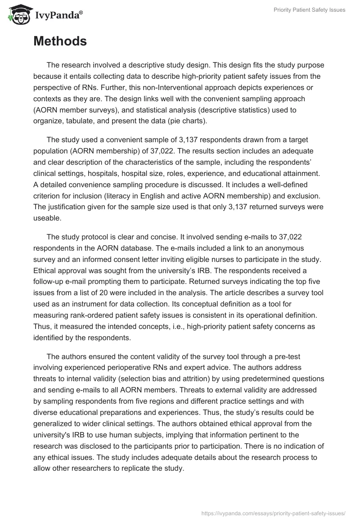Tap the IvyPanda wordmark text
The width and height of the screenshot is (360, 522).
pyautogui.click(x=58, y=16)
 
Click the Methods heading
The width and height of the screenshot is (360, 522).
pyautogui.click(x=60, y=41)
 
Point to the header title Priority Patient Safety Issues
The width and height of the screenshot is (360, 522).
pyautogui.click(x=309, y=10)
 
